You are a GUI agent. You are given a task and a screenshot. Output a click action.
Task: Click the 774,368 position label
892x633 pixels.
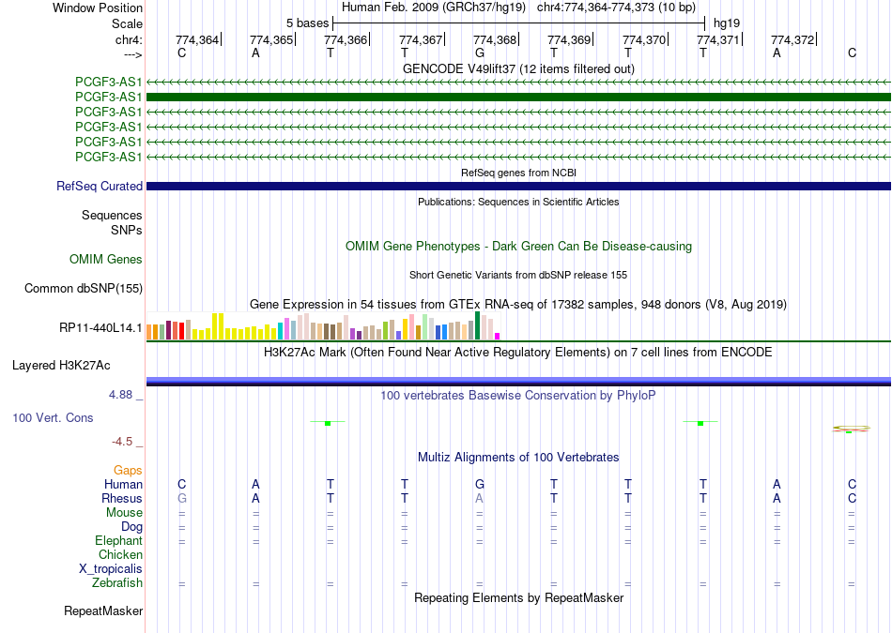[x=494, y=39]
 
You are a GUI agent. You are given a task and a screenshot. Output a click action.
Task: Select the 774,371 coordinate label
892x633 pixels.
[x=718, y=39]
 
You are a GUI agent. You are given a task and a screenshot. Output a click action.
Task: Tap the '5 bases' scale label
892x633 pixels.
[x=307, y=23]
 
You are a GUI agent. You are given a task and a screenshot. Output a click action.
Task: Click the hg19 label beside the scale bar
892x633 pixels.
[x=727, y=23]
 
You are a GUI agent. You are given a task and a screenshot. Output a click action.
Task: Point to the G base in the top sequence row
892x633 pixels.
[x=480, y=53]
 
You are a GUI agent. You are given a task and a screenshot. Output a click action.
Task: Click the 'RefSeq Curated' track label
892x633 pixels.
[x=100, y=187]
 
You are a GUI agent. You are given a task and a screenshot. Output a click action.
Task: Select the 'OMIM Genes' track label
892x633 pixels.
[x=106, y=260]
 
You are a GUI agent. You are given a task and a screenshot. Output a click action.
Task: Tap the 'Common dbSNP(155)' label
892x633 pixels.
[x=84, y=289]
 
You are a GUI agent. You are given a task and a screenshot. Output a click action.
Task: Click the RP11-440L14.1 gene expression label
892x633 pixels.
[x=100, y=328]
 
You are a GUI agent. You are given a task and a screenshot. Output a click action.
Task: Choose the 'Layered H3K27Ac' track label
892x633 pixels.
[x=61, y=366]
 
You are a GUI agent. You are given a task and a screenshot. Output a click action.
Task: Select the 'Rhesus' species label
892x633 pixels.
[x=122, y=498]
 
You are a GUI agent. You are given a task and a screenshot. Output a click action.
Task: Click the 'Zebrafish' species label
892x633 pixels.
[x=117, y=583]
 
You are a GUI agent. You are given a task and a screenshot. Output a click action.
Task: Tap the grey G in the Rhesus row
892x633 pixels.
[x=182, y=498]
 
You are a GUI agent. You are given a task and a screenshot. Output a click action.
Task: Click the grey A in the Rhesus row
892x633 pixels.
[x=480, y=498]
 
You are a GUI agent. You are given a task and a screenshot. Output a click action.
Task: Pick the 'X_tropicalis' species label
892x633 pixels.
[x=111, y=569]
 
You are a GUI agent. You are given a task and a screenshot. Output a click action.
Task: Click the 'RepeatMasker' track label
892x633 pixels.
[x=103, y=611]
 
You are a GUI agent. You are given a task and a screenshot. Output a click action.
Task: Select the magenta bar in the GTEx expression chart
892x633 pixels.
[x=498, y=337]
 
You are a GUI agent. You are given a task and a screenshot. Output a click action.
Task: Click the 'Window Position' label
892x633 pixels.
[x=98, y=8]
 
